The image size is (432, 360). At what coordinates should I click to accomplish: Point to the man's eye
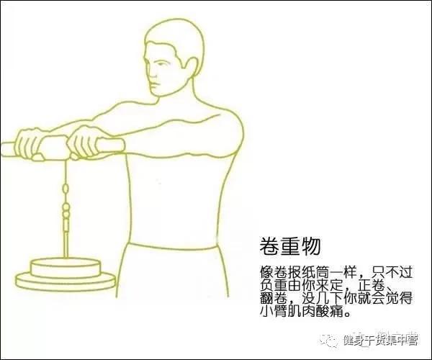pos(159,63)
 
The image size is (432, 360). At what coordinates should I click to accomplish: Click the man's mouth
pos(154,84)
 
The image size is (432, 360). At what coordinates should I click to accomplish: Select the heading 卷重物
pos(290,246)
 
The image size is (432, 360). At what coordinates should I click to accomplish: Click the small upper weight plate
pos(66,268)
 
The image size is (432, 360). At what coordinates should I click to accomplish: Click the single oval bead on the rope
pos(66,189)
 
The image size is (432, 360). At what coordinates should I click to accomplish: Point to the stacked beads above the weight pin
pos(66,210)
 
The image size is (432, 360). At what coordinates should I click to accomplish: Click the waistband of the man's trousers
pos(174,247)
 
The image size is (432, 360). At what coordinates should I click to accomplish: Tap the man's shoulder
pos(230,121)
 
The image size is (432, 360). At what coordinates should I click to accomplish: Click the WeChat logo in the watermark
pos(330,340)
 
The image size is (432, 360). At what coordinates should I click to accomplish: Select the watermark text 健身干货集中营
pos(380,340)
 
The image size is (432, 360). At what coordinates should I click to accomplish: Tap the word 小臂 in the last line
pos(274,311)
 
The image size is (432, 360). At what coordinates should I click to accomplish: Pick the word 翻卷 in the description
pos(274,298)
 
